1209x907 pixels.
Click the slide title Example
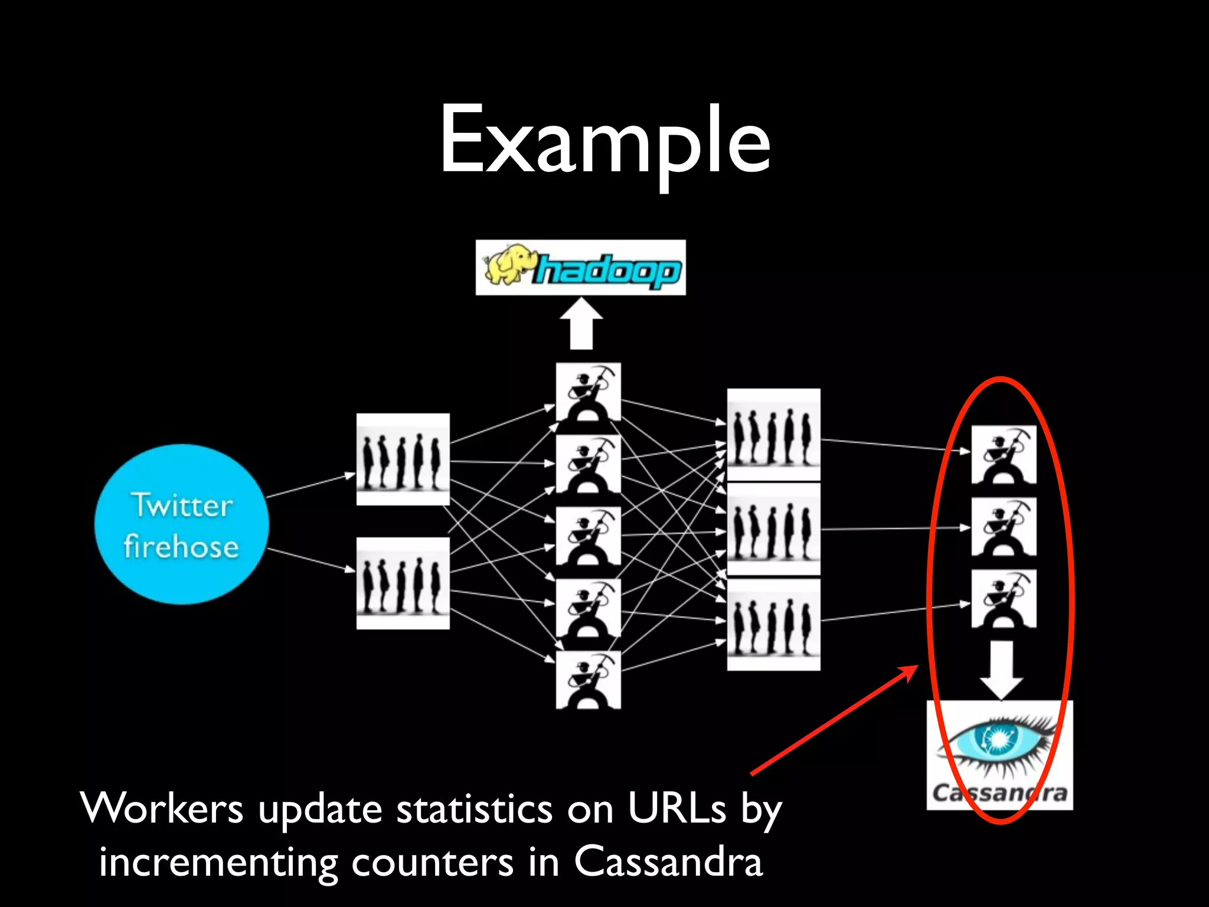604,142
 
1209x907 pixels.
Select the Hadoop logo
580,267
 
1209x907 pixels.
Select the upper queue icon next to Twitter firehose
403,459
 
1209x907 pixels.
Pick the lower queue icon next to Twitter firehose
403,583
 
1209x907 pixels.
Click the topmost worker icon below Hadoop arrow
588,392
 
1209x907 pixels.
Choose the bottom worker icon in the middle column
588,680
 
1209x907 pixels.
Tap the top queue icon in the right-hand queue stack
773,434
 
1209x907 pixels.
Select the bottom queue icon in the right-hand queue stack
773,625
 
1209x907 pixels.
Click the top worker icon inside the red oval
1004,455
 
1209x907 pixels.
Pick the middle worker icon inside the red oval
1004,527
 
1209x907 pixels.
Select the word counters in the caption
432,862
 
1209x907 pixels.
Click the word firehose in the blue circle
181,546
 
